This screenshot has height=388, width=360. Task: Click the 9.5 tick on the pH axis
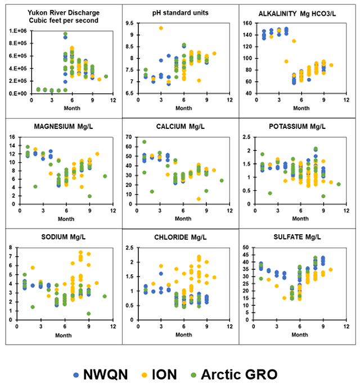[129, 24]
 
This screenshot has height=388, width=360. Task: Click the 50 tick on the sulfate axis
[246, 248]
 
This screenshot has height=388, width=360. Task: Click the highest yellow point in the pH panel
[161, 28]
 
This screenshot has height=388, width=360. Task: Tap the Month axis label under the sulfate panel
[298, 335]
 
